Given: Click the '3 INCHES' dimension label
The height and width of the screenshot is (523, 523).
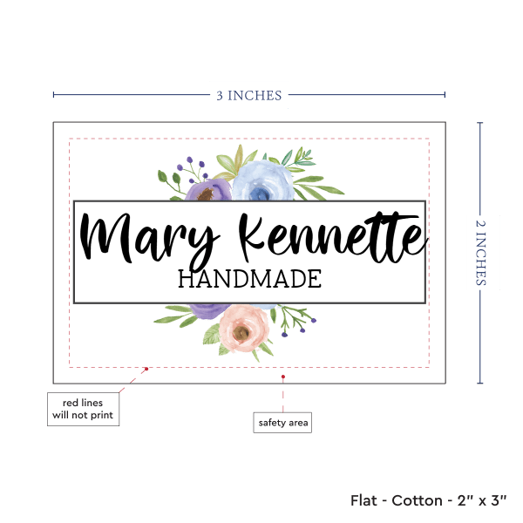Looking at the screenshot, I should [x=249, y=95].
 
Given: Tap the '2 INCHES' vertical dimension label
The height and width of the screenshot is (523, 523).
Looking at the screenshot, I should [x=482, y=252].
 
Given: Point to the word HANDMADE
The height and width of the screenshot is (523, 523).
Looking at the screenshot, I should [x=249, y=279].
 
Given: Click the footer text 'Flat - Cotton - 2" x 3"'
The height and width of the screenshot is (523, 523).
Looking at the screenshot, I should [x=429, y=500].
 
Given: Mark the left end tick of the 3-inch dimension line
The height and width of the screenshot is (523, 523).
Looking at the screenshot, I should [x=53, y=95].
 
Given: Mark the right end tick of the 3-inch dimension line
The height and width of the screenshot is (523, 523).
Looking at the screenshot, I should [x=445, y=95].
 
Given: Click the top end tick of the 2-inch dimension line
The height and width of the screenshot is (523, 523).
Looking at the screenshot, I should [x=481, y=123].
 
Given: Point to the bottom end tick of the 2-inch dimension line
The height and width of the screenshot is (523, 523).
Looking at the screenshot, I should [x=481, y=383].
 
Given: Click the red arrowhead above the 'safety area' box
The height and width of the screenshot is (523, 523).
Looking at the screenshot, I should [x=283, y=377].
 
